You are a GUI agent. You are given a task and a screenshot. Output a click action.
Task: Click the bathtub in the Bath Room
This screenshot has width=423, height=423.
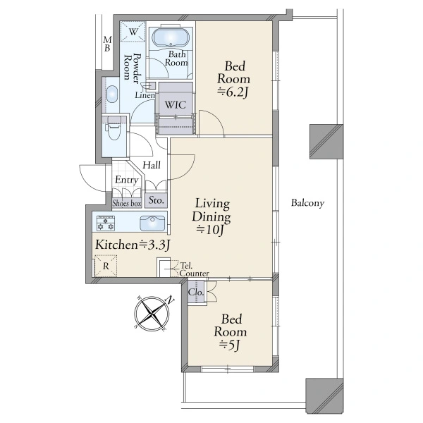click(x=171, y=38)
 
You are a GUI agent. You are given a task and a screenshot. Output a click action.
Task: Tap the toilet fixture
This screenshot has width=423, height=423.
click(x=114, y=129)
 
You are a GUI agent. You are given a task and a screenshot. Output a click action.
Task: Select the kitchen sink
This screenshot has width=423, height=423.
click(x=152, y=223)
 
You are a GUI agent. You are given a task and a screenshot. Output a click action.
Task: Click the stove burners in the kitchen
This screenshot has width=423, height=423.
click(x=106, y=223)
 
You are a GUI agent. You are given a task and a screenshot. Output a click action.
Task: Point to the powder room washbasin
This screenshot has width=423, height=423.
click(x=112, y=94)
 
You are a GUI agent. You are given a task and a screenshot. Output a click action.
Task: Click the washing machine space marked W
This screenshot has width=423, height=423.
click(x=133, y=32)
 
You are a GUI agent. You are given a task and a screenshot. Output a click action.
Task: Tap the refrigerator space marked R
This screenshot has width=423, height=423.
click(x=106, y=266)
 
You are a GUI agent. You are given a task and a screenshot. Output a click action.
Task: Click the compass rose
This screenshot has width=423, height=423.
click(x=152, y=313)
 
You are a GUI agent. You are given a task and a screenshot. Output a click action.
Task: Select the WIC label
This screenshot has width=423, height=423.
click(x=176, y=104)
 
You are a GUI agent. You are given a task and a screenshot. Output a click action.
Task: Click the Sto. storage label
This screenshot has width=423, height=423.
click(x=157, y=200)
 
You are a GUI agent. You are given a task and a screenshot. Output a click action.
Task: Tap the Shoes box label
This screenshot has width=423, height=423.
click(x=127, y=203)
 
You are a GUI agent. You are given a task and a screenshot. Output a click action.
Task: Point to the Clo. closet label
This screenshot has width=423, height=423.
click(x=196, y=292)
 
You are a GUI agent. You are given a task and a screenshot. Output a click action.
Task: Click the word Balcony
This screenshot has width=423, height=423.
click(x=307, y=203)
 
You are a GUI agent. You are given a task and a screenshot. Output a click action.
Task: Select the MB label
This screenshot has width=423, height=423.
click(x=107, y=44)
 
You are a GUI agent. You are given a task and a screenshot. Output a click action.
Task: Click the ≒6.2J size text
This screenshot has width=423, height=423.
click(x=233, y=92)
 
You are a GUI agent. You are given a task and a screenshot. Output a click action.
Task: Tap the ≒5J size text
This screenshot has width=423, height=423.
click(x=230, y=345)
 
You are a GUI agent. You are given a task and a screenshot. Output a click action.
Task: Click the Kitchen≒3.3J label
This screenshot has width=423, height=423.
click(x=133, y=245)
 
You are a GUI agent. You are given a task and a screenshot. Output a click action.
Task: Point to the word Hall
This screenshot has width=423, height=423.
click(x=152, y=165)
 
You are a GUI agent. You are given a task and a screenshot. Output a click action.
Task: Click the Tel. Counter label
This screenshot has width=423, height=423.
click(x=194, y=269)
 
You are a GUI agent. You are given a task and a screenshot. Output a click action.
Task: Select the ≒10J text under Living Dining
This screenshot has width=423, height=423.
click(x=210, y=230)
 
